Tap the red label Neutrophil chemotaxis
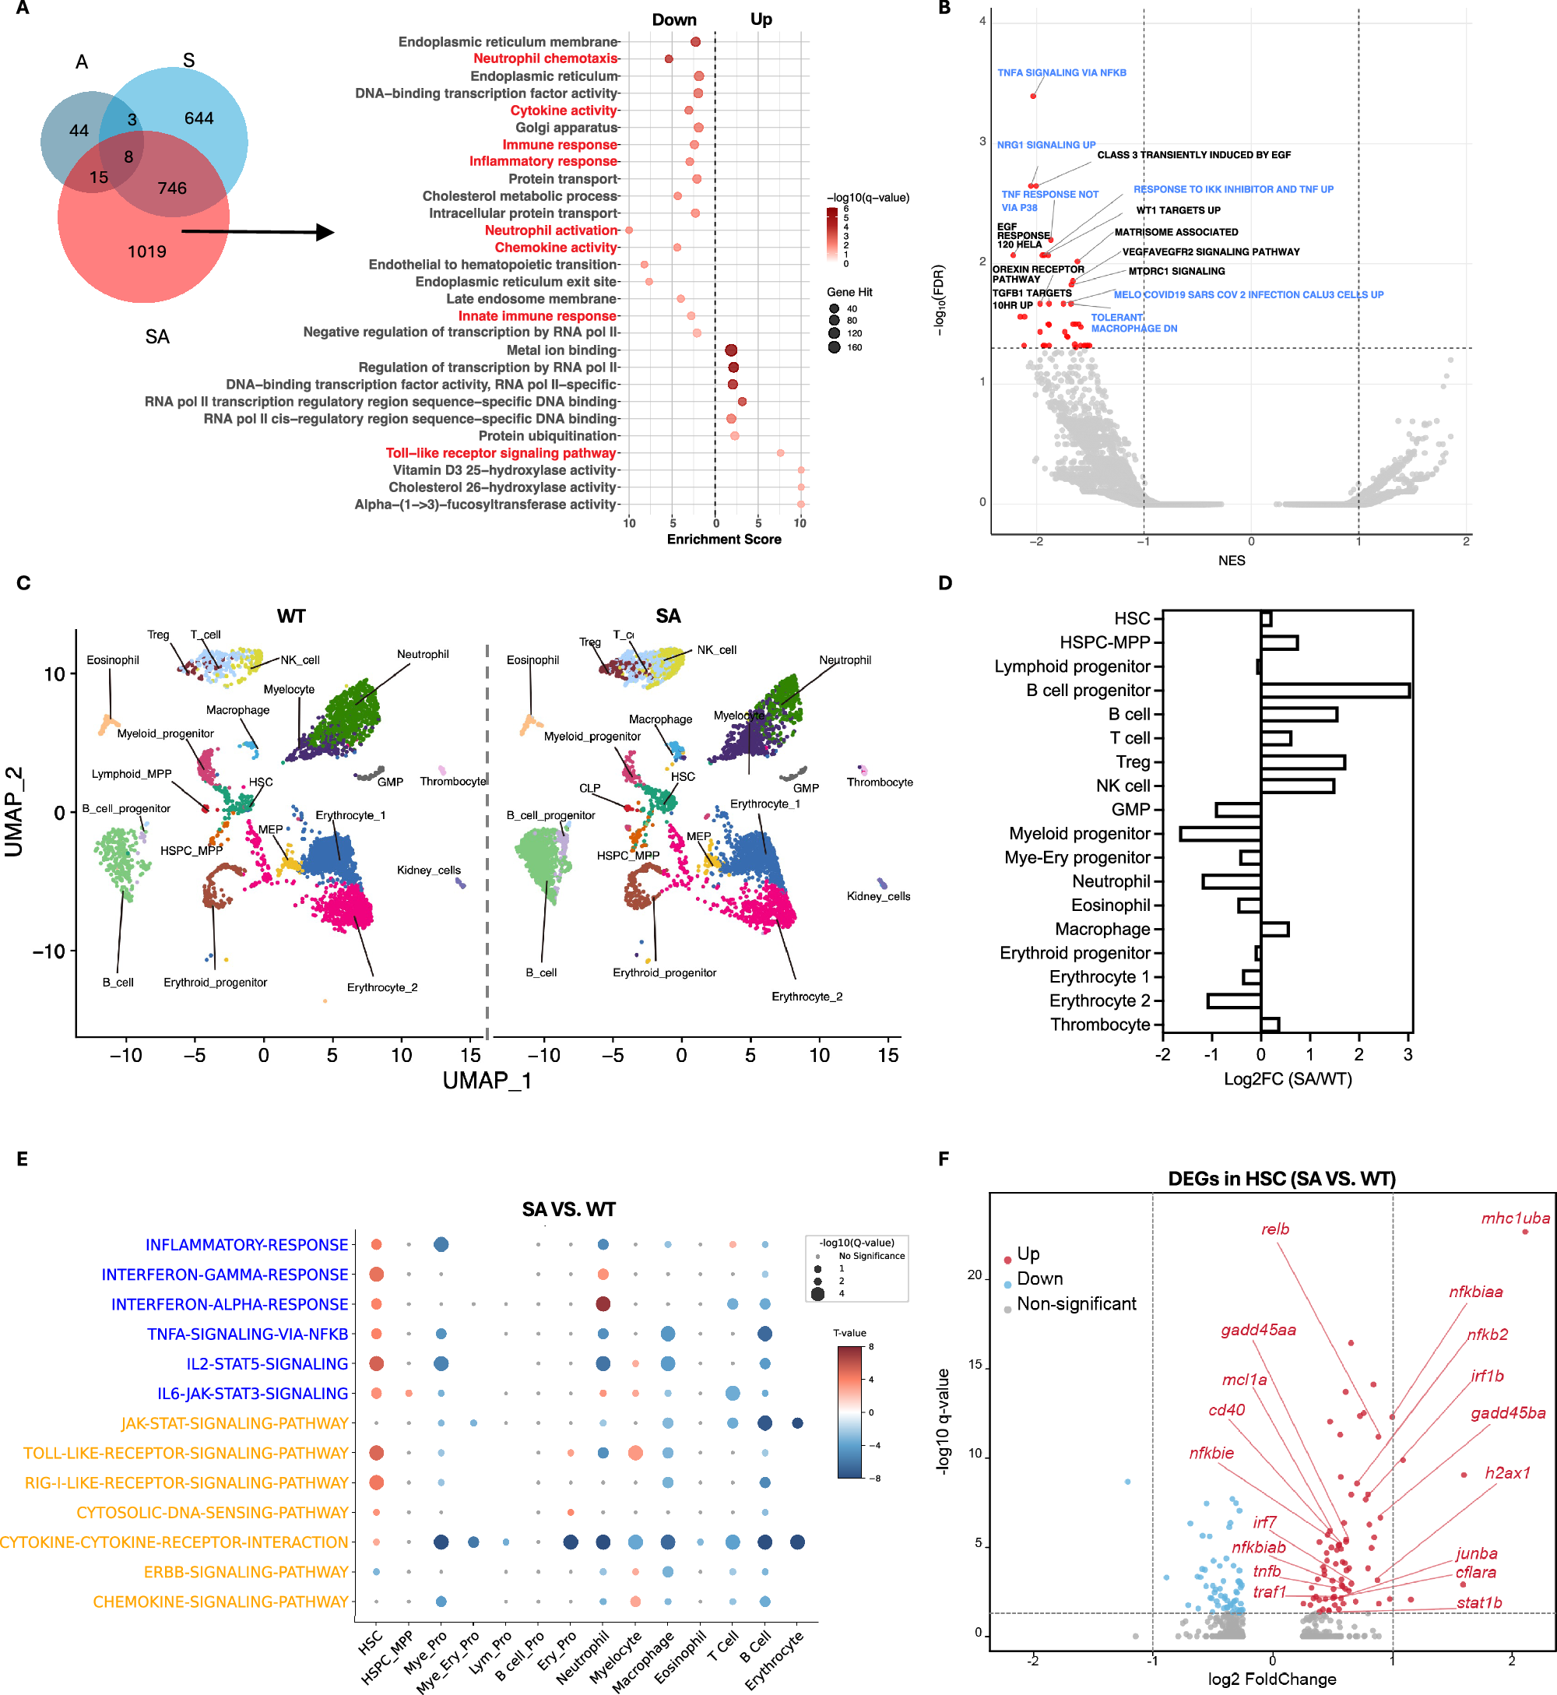click(x=545, y=59)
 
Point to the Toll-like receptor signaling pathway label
click(x=501, y=453)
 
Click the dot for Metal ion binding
click(x=731, y=350)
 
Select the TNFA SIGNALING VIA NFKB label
click(x=1062, y=73)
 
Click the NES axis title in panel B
click(x=1231, y=561)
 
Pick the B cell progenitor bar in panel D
click(x=1334, y=691)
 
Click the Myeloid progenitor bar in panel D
click(x=1220, y=834)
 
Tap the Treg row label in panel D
click(x=1133, y=762)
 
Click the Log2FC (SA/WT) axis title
click(x=1288, y=1079)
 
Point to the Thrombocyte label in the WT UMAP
click(x=453, y=782)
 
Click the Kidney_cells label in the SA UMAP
click(x=878, y=896)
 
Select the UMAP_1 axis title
click(x=487, y=1081)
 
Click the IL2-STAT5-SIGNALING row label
click(x=267, y=1364)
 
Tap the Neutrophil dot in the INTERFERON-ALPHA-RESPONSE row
click(x=603, y=1304)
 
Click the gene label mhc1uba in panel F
click(x=1515, y=1219)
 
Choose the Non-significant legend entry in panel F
click(x=1076, y=1304)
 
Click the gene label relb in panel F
click(x=1274, y=1229)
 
